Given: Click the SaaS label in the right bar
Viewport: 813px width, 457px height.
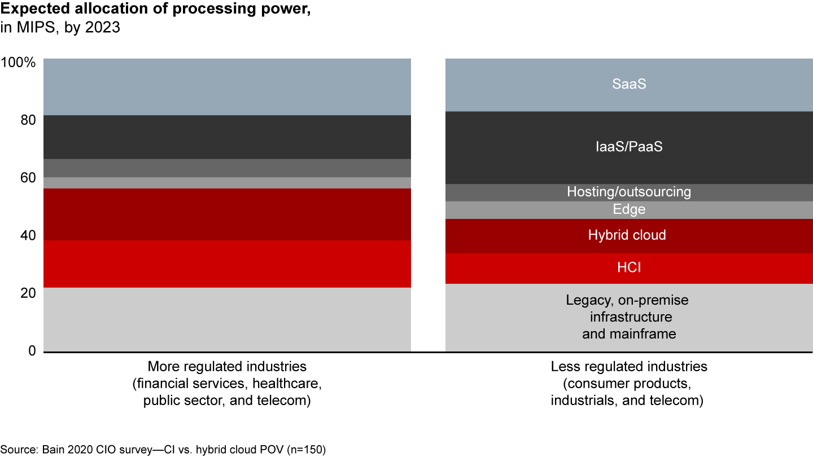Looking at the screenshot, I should click(629, 85).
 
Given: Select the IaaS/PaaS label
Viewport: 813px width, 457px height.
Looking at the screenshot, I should click(629, 147).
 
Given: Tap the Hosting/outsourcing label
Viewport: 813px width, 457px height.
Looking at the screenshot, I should click(629, 192).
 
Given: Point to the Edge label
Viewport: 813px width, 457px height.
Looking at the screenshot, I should click(629, 210).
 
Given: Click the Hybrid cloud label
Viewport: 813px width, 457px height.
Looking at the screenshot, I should click(627, 235).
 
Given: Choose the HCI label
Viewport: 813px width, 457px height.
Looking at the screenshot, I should click(629, 268).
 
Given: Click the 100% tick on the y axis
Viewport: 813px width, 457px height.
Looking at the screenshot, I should click(19, 62).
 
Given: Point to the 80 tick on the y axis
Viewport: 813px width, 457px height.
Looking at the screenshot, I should click(27, 120).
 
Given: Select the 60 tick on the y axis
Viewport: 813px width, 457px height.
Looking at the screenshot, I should click(27, 178).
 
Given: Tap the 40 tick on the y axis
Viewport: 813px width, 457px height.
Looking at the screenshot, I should click(27, 236).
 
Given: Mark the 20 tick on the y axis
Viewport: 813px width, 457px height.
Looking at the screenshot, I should click(27, 293).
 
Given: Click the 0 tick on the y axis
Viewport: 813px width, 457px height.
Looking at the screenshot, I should click(32, 351).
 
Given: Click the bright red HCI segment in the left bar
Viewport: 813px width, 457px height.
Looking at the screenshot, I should click(227, 264).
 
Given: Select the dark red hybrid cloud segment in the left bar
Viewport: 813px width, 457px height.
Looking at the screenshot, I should click(227, 214).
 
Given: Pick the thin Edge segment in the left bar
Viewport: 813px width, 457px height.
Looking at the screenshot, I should click(227, 183).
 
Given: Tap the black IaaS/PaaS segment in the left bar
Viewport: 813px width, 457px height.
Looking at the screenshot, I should click(227, 137).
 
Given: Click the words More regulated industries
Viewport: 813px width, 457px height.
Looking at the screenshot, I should click(226, 367).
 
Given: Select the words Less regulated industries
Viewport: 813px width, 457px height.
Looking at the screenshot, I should click(629, 367).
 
